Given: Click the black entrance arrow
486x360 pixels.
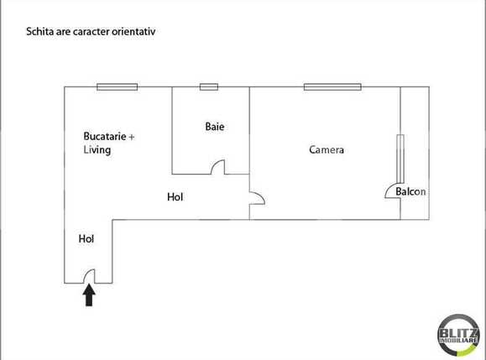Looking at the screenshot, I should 88,296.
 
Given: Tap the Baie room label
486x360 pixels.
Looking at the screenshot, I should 215,127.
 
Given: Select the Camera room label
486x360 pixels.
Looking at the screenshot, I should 327,151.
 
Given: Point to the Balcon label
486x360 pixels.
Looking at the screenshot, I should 410,191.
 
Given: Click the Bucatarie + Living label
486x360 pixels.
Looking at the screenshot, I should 109,143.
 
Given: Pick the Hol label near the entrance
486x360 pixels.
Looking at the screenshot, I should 86,238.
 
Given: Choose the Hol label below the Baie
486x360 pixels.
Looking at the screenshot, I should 175,197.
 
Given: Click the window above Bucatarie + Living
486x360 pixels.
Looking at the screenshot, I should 117,86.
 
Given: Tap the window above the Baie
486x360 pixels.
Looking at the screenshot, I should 209,86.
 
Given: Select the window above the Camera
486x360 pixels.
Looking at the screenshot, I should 332,86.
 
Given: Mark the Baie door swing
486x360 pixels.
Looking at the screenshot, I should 217,168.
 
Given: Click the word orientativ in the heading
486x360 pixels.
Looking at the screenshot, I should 135,31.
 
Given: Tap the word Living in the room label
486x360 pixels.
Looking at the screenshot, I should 97,150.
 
